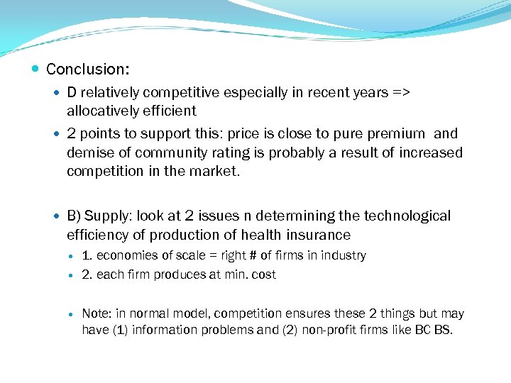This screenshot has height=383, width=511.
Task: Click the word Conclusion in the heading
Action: [87, 70]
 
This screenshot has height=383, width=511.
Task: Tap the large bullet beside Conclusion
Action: [35, 70]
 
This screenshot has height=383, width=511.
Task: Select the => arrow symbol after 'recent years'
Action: [402, 93]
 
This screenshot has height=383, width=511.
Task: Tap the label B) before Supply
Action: [75, 216]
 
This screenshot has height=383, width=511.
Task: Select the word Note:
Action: [97, 313]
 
